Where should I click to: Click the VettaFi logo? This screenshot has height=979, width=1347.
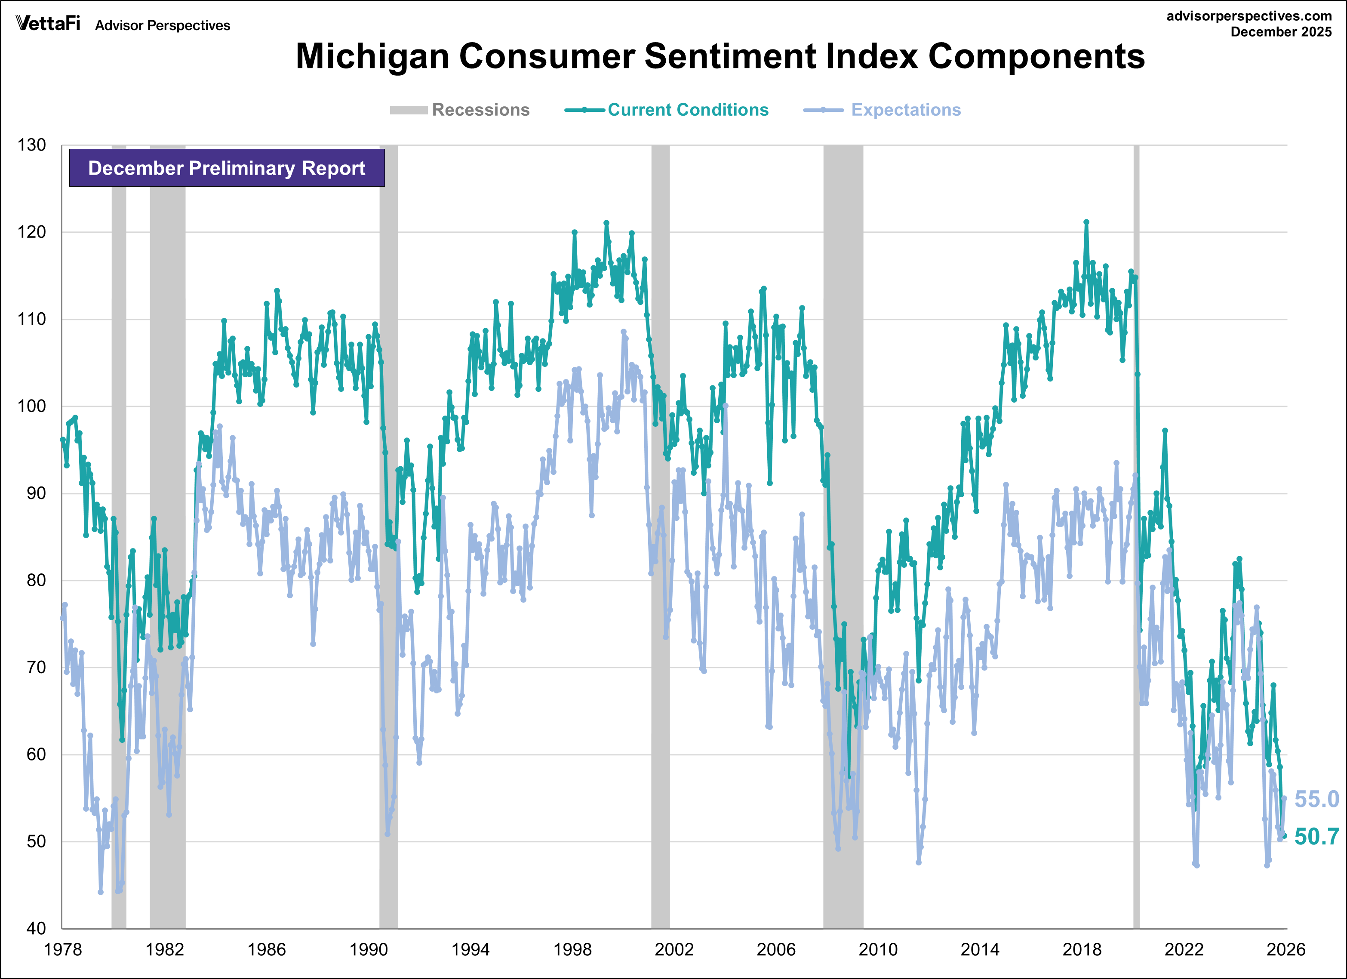point(47,23)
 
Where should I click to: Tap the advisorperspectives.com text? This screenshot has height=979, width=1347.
point(1249,16)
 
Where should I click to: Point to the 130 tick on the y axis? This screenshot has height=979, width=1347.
point(31,145)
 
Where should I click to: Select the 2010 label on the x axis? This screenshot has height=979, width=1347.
point(878,949)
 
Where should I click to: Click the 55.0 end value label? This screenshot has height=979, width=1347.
point(1316,800)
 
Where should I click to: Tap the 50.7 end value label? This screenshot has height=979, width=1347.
point(1316,837)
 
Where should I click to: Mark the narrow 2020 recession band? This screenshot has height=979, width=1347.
point(1136,535)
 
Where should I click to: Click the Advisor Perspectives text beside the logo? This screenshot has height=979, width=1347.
point(162,25)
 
